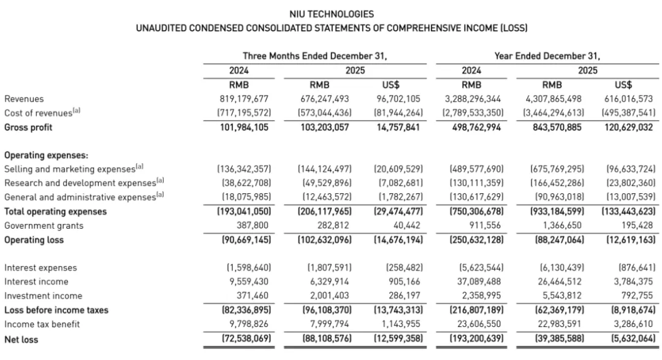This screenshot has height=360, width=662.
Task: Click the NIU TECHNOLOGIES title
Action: (331, 13)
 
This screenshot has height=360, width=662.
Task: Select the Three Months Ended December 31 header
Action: (314, 56)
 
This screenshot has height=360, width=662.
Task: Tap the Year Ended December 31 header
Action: (547, 56)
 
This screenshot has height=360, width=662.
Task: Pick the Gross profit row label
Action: (28, 127)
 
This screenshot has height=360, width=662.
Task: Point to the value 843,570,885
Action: (556, 127)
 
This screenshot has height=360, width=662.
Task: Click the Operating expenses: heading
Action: (47, 155)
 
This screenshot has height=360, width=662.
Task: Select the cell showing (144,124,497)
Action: (325, 169)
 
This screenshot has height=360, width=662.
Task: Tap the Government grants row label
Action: (44, 226)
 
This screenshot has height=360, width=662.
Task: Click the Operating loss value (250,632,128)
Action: (477, 240)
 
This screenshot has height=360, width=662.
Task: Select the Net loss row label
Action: (21, 339)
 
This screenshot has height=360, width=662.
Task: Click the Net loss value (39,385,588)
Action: (556, 339)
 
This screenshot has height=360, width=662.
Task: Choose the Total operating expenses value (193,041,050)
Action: (245, 212)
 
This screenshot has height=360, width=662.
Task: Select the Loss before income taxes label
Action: (56, 310)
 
